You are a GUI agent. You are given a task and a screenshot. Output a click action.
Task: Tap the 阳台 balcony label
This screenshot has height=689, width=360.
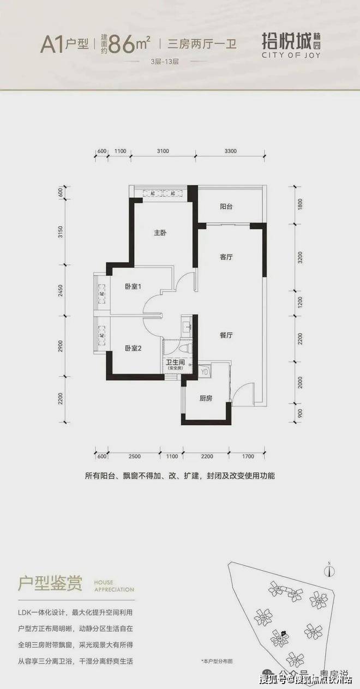226,207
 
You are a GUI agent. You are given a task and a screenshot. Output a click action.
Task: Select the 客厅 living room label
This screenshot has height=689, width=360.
226,257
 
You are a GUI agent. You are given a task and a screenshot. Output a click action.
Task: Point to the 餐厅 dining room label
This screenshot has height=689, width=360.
226,336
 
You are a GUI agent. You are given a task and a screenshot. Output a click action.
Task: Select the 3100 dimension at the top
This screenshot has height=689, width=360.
162,151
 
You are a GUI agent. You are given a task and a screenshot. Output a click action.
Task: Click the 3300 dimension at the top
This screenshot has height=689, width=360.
230,151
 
